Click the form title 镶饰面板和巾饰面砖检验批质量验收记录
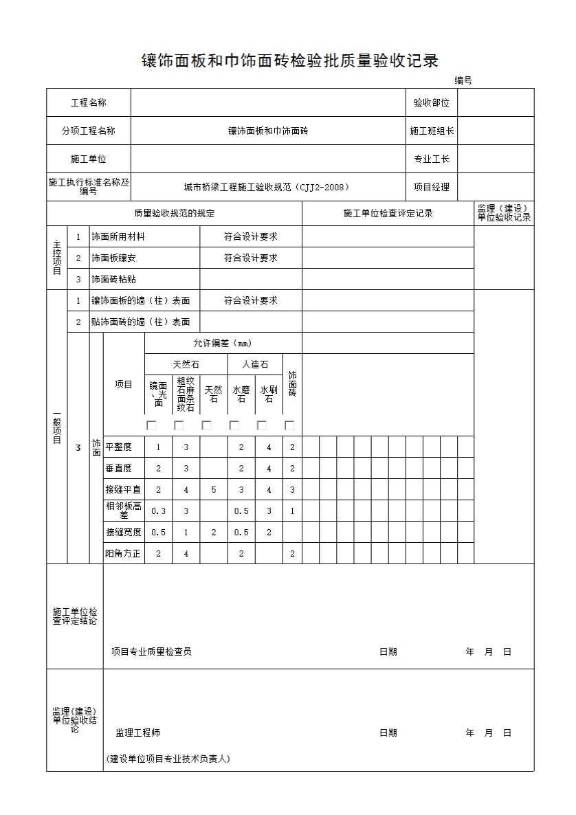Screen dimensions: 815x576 pyautogui.click(x=289, y=60)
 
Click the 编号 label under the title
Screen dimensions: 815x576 pyautogui.click(x=463, y=81)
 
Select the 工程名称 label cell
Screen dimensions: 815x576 pyautogui.click(x=89, y=103)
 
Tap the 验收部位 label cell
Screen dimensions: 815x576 pyautogui.click(x=431, y=103)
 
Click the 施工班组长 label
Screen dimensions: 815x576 pyautogui.click(x=431, y=131)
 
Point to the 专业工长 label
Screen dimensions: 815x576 pyautogui.click(x=431, y=159)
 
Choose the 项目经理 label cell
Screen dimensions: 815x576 pyautogui.click(x=431, y=187)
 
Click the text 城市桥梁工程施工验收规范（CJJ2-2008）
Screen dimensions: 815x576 pyautogui.click(x=267, y=187)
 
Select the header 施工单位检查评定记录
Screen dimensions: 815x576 pyautogui.click(x=388, y=213)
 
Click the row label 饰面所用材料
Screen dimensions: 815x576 pyautogui.click(x=118, y=236)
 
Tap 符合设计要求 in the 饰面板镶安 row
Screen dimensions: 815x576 pyautogui.click(x=250, y=258)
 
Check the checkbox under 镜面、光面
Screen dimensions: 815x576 pyautogui.click(x=151, y=425)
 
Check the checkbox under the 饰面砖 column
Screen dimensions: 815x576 pyautogui.click(x=289, y=425)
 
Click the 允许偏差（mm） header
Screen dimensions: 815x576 pyautogui.click(x=223, y=343)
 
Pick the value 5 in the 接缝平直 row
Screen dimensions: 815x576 pyautogui.click(x=213, y=490)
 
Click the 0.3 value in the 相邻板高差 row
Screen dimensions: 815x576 pyautogui.click(x=158, y=511)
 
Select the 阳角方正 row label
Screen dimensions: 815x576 pyautogui.click(x=123, y=553)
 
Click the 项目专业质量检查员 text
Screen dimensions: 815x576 pyautogui.click(x=151, y=651)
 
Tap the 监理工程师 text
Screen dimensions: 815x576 pyautogui.click(x=138, y=733)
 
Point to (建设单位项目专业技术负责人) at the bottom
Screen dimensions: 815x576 pyautogui.click(x=168, y=759)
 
